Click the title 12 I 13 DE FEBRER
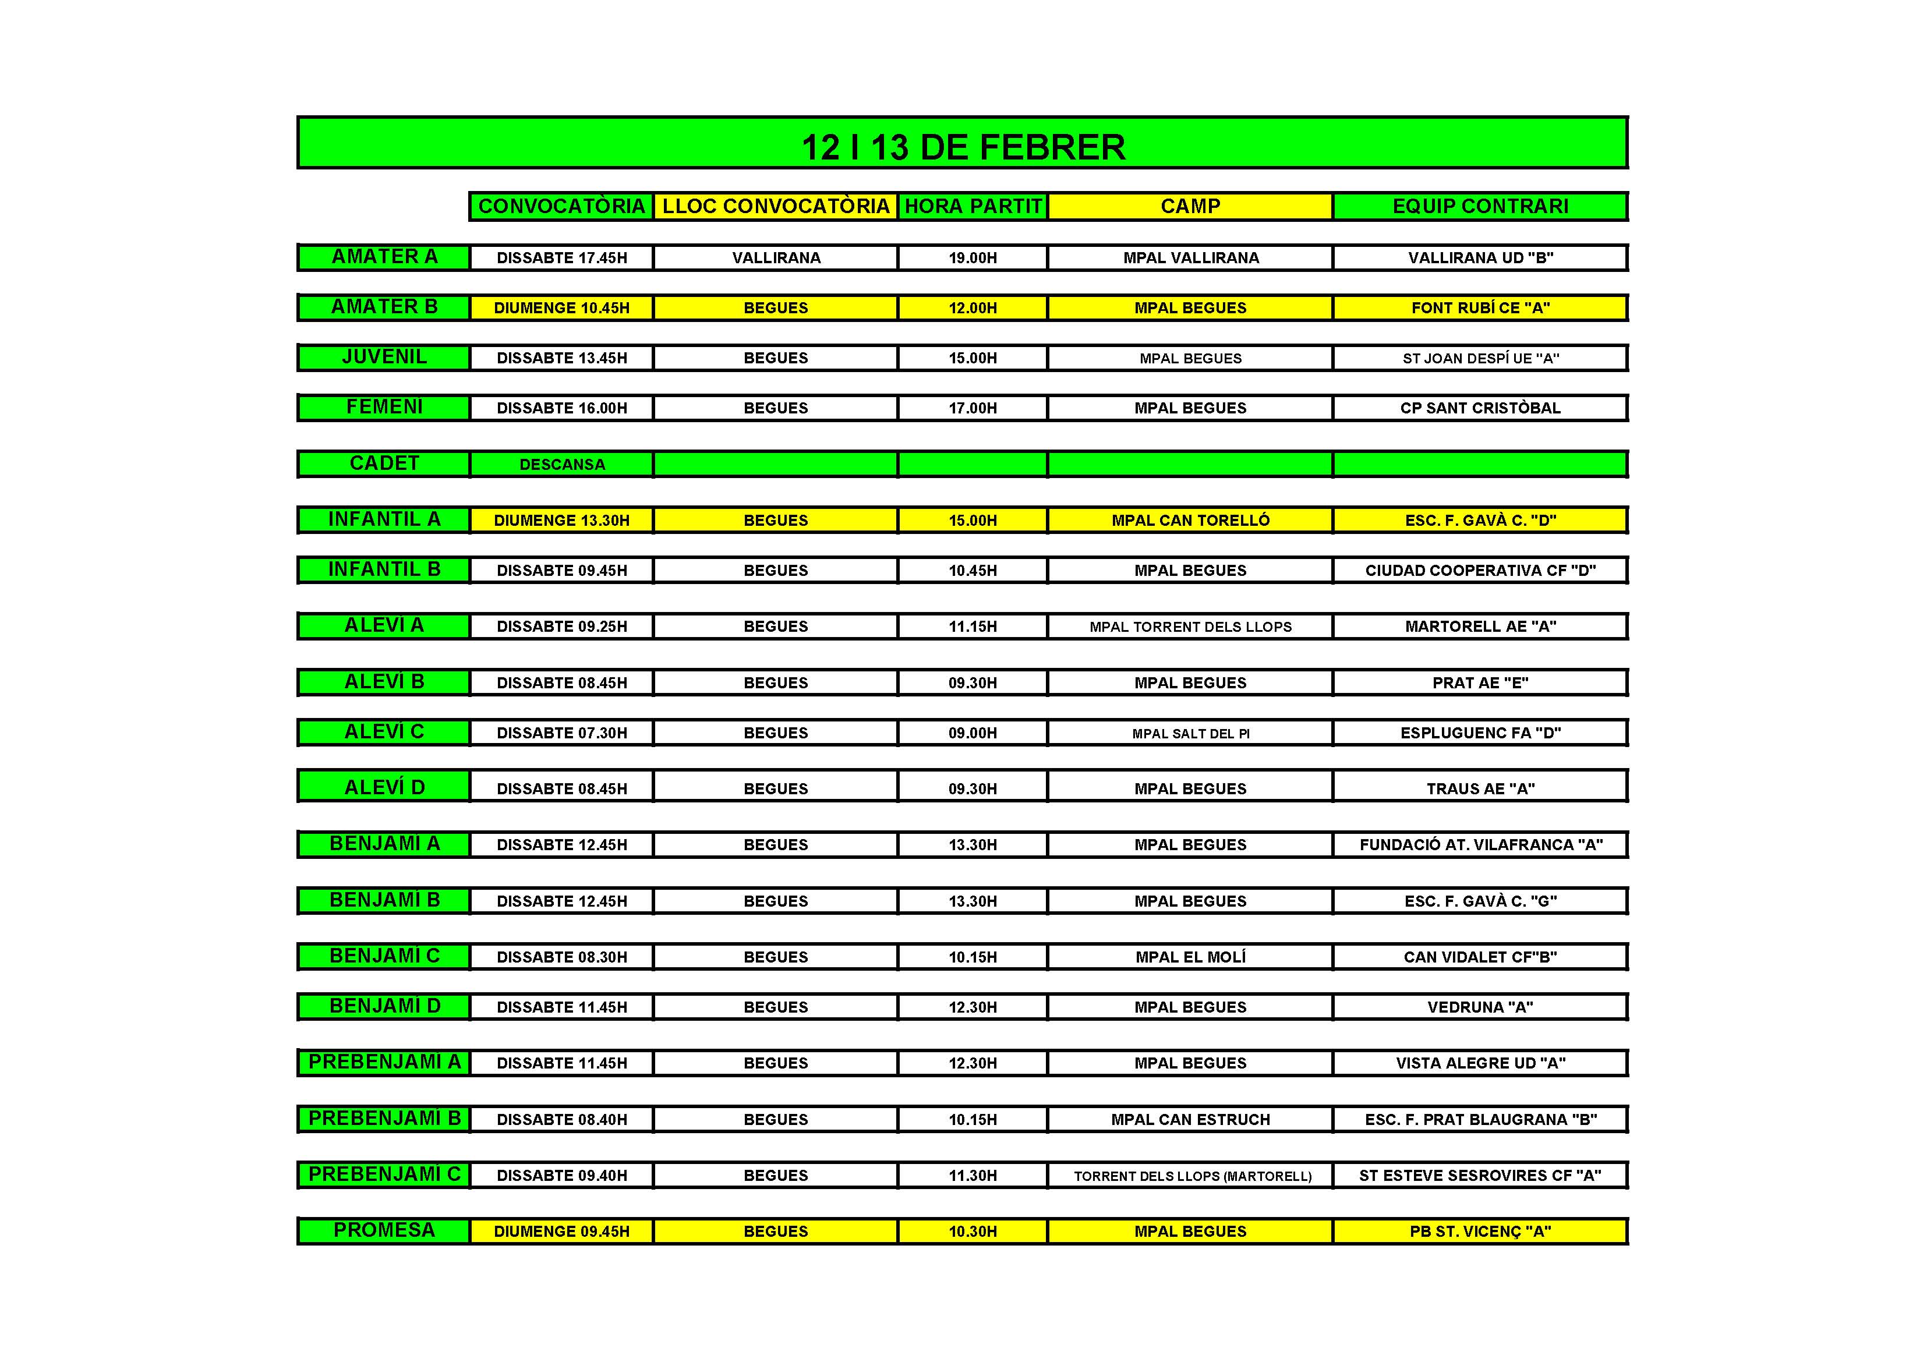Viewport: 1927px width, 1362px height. tap(963, 147)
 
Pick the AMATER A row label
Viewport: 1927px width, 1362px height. tap(384, 257)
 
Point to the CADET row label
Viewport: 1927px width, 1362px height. tap(384, 464)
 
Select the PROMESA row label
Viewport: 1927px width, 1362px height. tap(384, 1230)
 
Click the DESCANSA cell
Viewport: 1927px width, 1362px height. tap(561, 464)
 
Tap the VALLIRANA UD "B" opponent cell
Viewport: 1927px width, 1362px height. tap(1480, 257)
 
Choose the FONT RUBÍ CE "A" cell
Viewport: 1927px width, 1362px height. tap(1480, 308)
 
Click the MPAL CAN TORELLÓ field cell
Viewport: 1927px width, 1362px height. tap(1190, 521)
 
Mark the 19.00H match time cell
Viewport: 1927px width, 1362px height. tap(973, 257)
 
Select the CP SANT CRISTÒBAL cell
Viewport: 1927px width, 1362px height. tap(1480, 408)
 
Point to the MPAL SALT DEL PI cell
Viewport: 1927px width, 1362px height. tap(1190, 734)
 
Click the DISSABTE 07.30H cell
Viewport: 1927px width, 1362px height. tap(561, 733)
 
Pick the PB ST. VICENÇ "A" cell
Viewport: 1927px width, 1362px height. tap(1480, 1231)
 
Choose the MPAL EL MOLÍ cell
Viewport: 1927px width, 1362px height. tap(1190, 957)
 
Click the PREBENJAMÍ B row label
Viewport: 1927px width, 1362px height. tap(384, 1119)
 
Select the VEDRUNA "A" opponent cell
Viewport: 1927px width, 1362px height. tap(1480, 1007)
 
